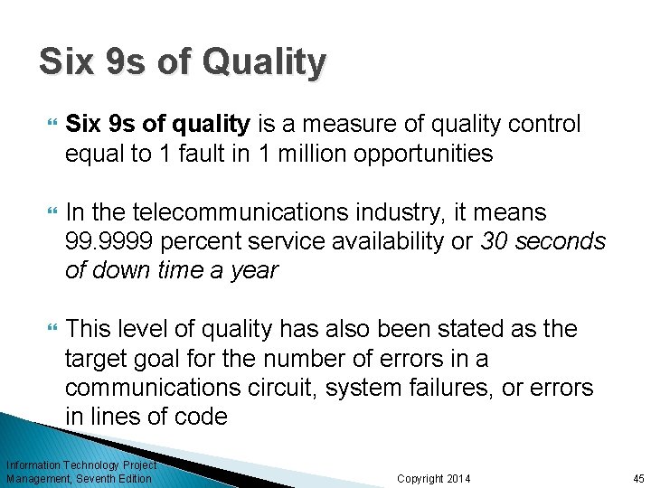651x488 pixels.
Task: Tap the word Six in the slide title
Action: click(x=67, y=61)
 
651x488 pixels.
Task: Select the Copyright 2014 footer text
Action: click(x=433, y=478)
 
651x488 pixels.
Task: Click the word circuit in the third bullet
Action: click(x=281, y=388)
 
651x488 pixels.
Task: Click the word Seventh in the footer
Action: click(x=104, y=478)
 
